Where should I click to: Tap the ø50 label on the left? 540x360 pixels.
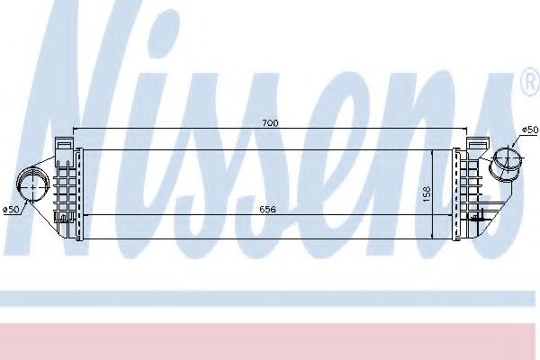click(x=12, y=210)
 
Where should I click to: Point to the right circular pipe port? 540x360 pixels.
click(x=509, y=163)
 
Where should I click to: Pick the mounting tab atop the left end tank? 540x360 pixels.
click(x=62, y=141)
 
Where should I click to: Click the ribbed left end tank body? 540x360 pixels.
click(x=66, y=184)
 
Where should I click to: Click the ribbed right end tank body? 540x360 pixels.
click(x=473, y=189)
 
